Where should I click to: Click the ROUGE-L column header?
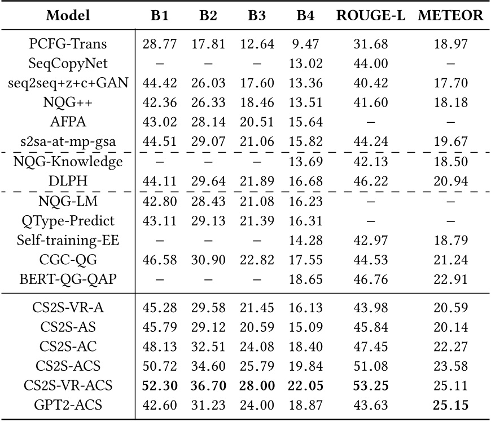point(371,16)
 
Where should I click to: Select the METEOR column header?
point(451,16)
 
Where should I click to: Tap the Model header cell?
point(68,16)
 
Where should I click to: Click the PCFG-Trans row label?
point(68,44)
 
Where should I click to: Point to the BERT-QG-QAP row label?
point(68,278)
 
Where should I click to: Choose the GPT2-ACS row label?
point(68,404)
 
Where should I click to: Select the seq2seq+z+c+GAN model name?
point(68,83)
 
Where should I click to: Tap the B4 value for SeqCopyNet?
point(305,64)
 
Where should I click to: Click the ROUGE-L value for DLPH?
point(371,181)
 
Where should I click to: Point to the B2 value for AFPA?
point(208,122)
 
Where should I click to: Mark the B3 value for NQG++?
point(257,103)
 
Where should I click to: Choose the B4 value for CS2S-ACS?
point(305,365)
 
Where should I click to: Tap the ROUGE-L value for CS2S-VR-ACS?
point(371,385)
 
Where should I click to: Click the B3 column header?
point(257,16)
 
